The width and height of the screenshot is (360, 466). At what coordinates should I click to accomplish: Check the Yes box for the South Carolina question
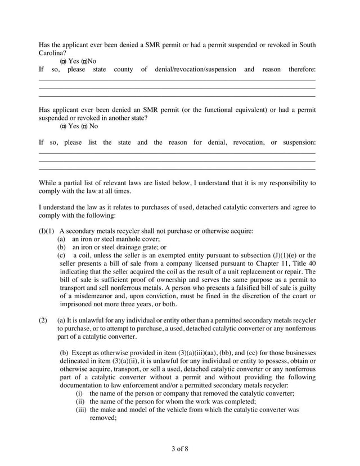click(x=63, y=61)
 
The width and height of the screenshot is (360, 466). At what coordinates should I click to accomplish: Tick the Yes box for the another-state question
click(x=63, y=126)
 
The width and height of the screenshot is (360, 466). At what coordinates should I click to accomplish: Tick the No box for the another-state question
click(x=84, y=126)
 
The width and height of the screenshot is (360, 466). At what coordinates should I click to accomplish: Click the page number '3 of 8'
click(x=180, y=448)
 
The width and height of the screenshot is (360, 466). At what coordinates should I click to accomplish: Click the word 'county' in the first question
click(x=123, y=69)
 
